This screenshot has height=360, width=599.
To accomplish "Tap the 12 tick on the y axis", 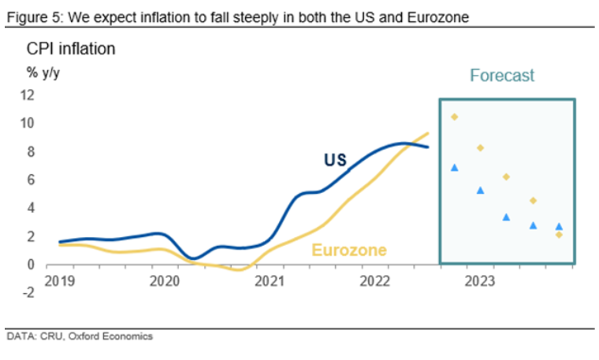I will (x=27, y=95).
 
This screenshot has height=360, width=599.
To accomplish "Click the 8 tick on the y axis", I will (x=30, y=151).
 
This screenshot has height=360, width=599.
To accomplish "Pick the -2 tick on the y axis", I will (x=28, y=293).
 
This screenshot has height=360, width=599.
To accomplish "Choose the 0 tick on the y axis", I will (x=30, y=265).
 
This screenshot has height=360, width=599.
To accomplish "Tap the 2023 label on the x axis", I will (x=480, y=279).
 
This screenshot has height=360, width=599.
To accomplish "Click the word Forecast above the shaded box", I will (x=502, y=76).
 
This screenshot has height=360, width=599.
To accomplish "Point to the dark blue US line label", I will (x=335, y=160).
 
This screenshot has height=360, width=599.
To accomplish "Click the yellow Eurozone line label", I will (x=349, y=251).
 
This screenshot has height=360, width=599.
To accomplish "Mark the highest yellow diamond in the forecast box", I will (x=454, y=117).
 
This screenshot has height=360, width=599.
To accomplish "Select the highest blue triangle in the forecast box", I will (x=454, y=167).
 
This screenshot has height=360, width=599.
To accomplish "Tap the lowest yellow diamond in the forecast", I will (x=559, y=235).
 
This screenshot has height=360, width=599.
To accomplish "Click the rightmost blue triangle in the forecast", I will (x=559, y=226).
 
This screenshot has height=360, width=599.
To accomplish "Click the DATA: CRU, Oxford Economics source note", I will (x=80, y=336).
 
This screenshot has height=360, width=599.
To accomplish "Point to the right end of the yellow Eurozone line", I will (x=428, y=133).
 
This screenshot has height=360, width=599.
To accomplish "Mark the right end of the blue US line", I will (x=428, y=147).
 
